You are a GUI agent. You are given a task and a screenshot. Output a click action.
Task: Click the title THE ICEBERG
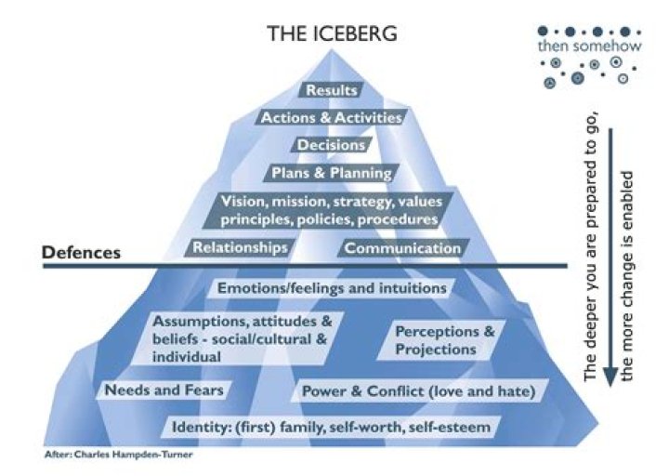pyautogui.click(x=332, y=33)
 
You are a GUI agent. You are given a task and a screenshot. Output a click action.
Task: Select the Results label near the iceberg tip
pyautogui.click(x=331, y=91)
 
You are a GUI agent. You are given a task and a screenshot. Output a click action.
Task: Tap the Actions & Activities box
pyautogui.click(x=331, y=118)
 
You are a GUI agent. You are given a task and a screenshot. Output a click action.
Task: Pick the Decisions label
pyautogui.click(x=331, y=145)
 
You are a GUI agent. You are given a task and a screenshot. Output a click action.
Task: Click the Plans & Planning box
pyautogui.click(x=331, y=173)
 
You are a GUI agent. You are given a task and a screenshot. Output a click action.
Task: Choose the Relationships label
pyautogui.click(x=240, y=248)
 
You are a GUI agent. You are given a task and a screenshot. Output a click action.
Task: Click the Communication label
pyautogui.click(x=402, y=248)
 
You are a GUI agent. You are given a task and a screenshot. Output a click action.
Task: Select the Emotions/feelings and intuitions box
pyautogui.click(x=332, y=288)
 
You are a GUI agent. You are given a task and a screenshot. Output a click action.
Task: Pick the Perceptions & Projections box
pyautogui.click(x=436, y=341)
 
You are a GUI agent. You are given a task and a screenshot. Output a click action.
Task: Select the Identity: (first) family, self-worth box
pyautogui.click(x=331, y=428)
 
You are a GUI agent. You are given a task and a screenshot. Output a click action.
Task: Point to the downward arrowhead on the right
pyautogui.click(x=610, y=376)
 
